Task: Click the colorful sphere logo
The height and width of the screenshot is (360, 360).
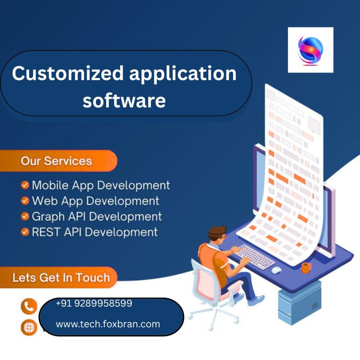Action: click(x=310, y=50)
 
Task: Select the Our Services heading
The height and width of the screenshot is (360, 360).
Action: click(x=56, y=161)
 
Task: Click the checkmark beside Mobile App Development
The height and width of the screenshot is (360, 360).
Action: click(x=25, y=185)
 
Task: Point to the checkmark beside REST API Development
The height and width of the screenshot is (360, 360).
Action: click(x=25, y=232)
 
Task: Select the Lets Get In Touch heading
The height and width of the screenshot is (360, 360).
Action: click(x=61, y=278)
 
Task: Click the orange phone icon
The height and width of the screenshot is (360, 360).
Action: click(x=29, y=306)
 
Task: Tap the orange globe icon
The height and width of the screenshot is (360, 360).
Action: click(x=29, y=328)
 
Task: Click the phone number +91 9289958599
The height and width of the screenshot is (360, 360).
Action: click(x=94, y=303)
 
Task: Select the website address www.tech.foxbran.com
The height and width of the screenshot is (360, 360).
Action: click(x=108, y=324)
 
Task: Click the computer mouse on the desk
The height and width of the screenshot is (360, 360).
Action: click(x=277, y=270)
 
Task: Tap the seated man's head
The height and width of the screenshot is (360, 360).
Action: click(x=217, y=236)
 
